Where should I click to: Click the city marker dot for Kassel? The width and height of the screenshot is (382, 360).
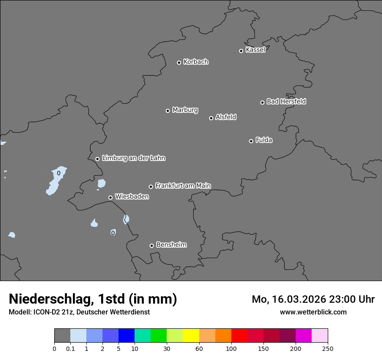coord(241,51)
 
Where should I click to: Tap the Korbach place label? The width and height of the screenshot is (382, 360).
coord(196,62)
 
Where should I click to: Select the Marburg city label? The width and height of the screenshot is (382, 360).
coord(185,110)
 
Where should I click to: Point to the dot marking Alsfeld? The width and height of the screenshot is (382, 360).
coord(211,118)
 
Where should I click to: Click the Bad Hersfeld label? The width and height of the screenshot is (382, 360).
coord(286,101)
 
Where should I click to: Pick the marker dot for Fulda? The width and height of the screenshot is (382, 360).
coord(251,141)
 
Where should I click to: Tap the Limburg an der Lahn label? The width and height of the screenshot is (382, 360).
coord(133,158)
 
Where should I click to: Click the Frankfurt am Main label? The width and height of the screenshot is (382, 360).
coord(183,186)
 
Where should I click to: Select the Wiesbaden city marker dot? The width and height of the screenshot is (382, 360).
coord(110,197)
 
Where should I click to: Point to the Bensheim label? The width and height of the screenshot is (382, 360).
coord(171,245)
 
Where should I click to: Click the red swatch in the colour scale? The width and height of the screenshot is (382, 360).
coord(239,336)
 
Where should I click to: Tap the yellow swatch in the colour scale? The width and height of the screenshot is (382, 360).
coord(191,336)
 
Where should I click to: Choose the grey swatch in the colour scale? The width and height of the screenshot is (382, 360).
coord(62,336)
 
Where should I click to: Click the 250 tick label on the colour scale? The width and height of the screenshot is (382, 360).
coord(328,348)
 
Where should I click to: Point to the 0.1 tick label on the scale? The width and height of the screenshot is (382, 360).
coord(70,348)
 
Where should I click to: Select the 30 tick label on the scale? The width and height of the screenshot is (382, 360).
coord(167,348)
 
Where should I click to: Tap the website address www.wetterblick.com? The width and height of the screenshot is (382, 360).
coord(313,312)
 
